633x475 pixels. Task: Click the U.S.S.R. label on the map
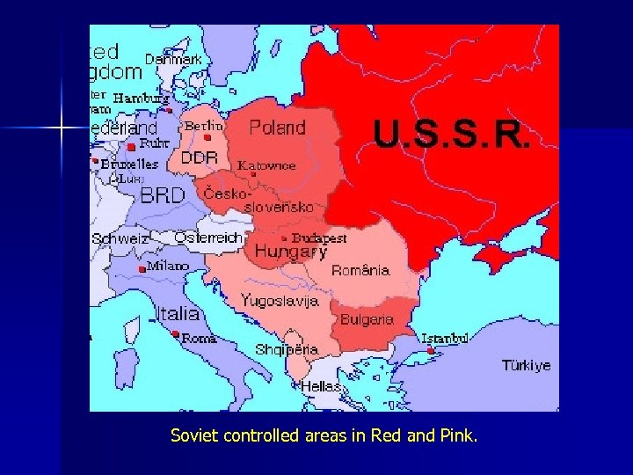pyautogui.click(x=452, y=134)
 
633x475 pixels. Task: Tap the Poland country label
pyautogui.click(x=277, y=128)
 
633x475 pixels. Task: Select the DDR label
pyautogui.click(x=199, y=158)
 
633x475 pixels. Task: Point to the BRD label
pyautogui.click(x=163, y=195)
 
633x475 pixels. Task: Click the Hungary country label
pyautogui.click(x=290, y=252)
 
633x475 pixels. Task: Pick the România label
pyautogui.click(x=360, y=271)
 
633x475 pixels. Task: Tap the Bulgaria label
pyautogui.click(x=367, y=319)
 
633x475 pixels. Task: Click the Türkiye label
pyautogui.click(x=527, y=365)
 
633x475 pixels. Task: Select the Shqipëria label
pyautogui.click(x=287, y=349)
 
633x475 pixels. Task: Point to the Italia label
pyautogui.click(x=178, y=313)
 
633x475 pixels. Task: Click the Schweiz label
pyautogui.click(x=120, y=238)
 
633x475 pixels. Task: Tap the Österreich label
pyautogui.click(x=208, y=237)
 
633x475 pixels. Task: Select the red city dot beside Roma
pyautogui.click(x=176, y=334)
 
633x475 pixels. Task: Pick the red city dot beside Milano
pyautogui.click(x=142, y=268)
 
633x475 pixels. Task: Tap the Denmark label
pyautogui.click(x=173, y=59)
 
